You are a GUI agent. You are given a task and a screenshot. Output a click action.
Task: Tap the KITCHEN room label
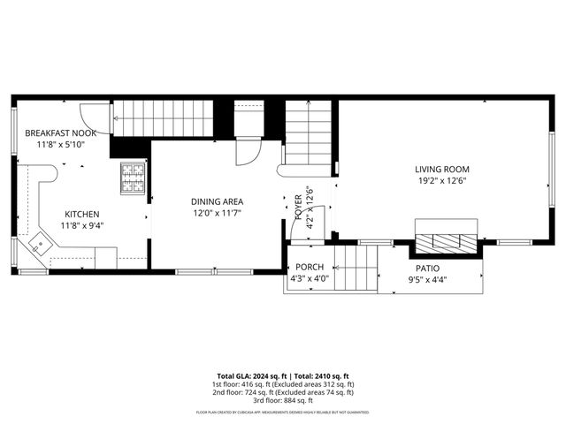tap(81, 214)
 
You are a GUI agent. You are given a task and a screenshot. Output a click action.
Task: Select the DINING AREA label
tap(218, 201)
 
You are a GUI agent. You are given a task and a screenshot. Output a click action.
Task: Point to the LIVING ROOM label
tap(441, 169)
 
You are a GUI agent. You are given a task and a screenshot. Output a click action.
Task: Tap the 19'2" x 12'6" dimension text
tap(441, 181)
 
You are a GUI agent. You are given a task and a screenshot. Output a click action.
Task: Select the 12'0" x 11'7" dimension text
tap(218, 214)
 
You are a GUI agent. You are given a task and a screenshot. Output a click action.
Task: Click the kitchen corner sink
tap(39, 243)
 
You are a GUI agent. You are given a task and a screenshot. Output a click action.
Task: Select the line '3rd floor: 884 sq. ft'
tap(283, 399)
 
